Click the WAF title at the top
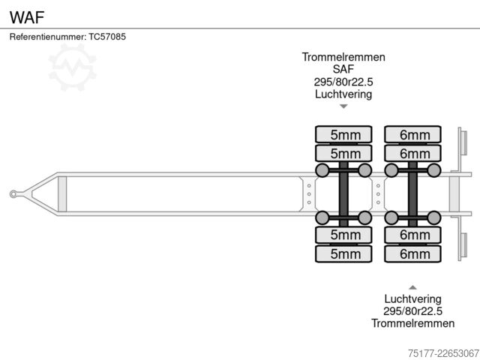pyautogui.click(x=27, y=17)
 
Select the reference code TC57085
pyautogui.click(x=107, y=37)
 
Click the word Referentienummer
pyautogui.click(x=47, y=37)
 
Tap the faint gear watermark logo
pyautogui.click(x=72, y=67)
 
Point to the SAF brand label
pyautogui.click(x=343, y=69)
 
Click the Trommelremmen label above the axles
pyautogui.click(x=343, y=57)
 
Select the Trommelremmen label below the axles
pyautogui.click(x=412, y=323)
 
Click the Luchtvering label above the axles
pyautogui.click(x=343, y=94)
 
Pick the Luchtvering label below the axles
pyautogui.click(x=412, y=298)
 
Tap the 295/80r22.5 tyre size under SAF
pyautogui.click(x=343, y=82)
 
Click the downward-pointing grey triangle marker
pyautogui.click(x=343, y=106)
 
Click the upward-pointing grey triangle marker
pyautogui.click(x=412, y=287)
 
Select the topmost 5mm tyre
pyautogui.click(x=343, y=134)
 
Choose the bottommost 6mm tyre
pyautogui.click(x=412, y=253)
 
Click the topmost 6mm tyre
pyautogui.click(x=412, y=134)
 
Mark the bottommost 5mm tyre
pyautogui.click(x=343, y=253)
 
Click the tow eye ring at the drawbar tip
pyautogui.click(x=13, y=194)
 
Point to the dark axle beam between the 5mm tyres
pyautogui.click(x=343, y=194)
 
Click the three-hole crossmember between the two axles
pyautogui.click(x=378, y=194)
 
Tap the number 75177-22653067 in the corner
pyautogui.click(x=443, y=353)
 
